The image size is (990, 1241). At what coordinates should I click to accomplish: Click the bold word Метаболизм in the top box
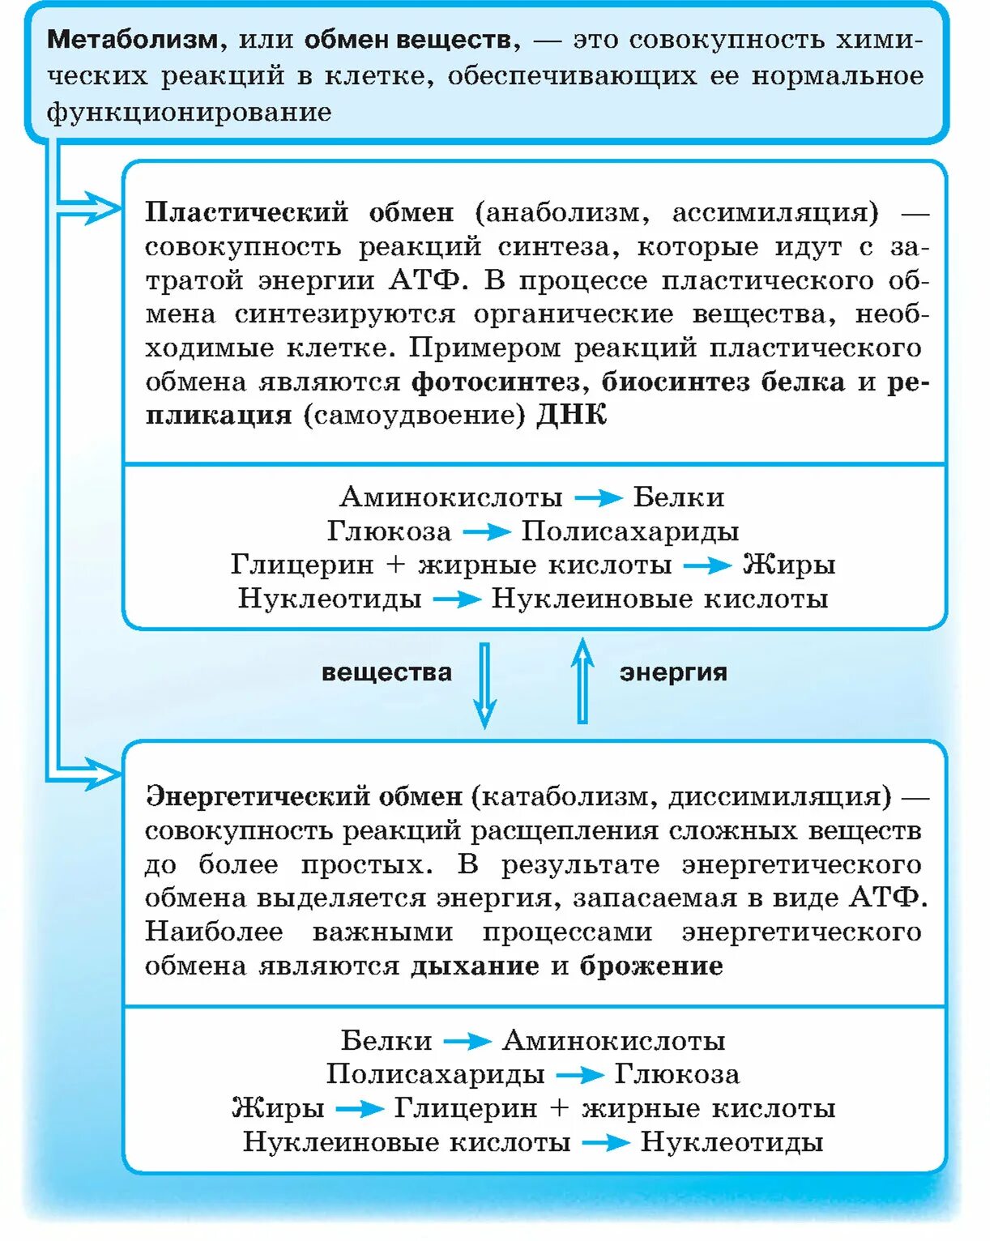pos(132,39)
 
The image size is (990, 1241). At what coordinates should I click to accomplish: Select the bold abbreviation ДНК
pos(571,416)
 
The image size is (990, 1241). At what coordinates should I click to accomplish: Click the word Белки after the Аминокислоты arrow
pos(678,497)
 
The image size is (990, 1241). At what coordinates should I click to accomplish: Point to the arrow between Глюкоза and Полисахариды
pos(486,531)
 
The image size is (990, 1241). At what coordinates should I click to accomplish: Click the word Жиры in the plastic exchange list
pos(788,565)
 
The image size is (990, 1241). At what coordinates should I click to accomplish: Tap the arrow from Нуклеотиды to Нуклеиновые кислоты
pos(457,599)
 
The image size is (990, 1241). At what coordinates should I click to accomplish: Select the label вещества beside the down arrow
pos(386,672)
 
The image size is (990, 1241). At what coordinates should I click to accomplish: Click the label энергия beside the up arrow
pos(673,672)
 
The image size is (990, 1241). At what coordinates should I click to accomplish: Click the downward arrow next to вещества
pos(484,685)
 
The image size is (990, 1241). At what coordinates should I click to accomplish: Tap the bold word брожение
pos(651,966)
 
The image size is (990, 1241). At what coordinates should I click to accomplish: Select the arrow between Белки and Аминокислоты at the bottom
pos(467,1040)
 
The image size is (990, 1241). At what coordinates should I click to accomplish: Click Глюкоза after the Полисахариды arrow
pos(676,1074)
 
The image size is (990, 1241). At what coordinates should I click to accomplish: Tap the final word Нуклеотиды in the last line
pos(732,1142)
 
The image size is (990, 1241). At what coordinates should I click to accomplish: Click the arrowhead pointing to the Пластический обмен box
pos(100,209)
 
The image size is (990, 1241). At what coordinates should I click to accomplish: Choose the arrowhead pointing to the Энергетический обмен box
pos(100,774)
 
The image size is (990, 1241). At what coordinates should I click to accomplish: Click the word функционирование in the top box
pos(189,112)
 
